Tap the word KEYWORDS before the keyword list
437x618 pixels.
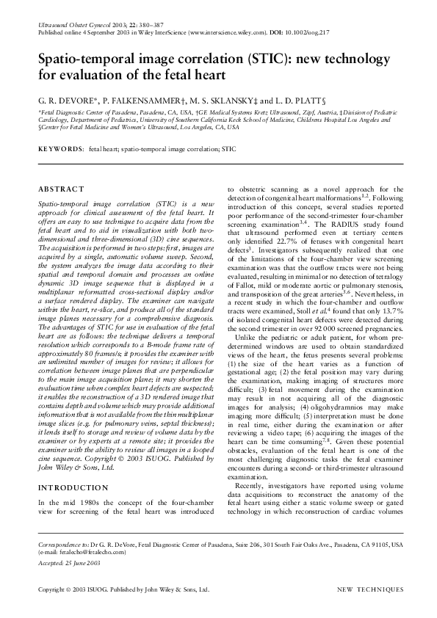pyautogui.click(x=60, y=149)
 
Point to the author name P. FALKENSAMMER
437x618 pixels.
pyautogui.click(x=140, y=98)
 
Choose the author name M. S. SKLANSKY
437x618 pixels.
pyautogui.click(x=221, y=98)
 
